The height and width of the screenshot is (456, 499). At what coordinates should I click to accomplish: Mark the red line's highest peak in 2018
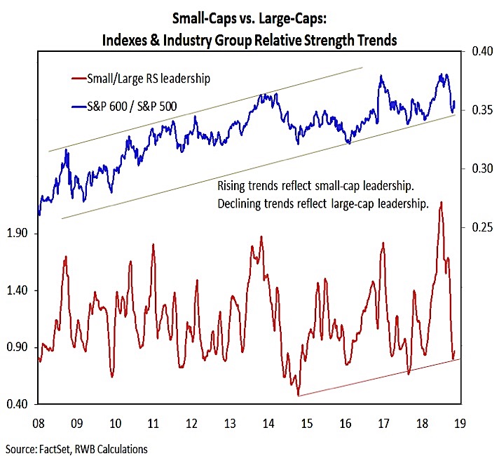441,202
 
